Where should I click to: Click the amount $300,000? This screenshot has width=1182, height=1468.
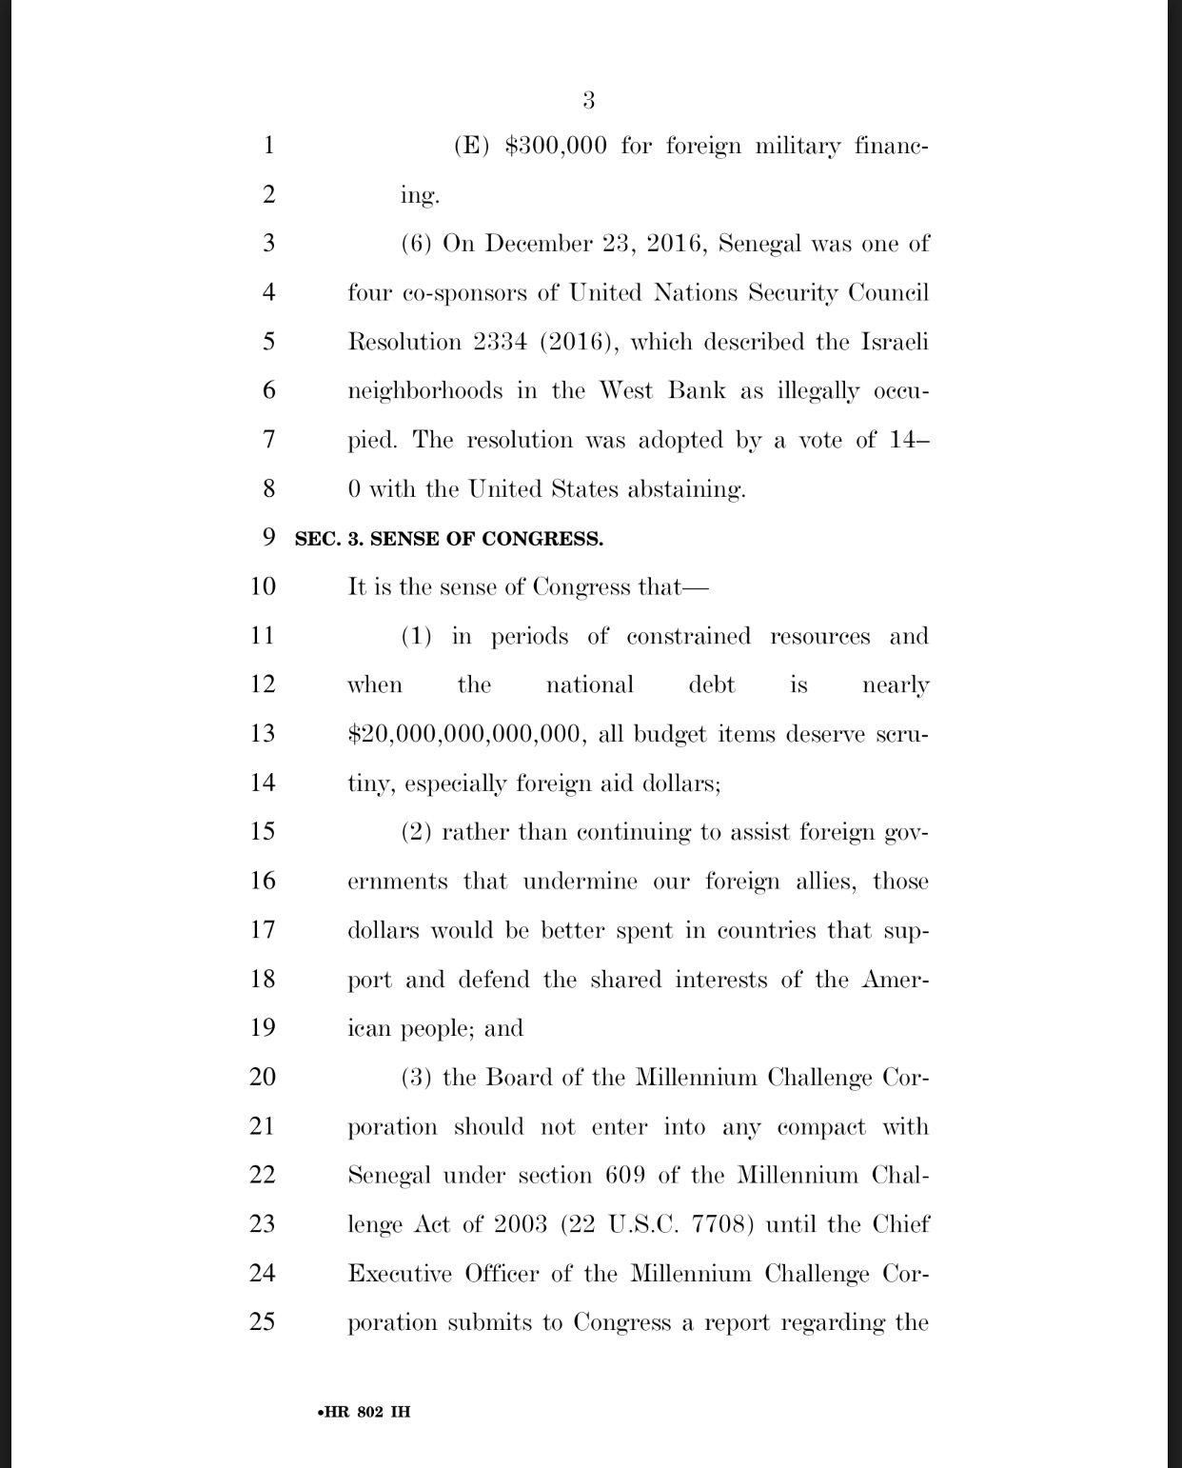coord(555,147)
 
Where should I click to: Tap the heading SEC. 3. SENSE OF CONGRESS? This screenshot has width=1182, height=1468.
coord(448,539)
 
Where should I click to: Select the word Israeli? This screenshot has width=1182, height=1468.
coord(895,342)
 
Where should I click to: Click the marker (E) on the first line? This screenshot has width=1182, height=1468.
coord(469,147)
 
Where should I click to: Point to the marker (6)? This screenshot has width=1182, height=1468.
coord(417,244)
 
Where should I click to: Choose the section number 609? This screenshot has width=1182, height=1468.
coord(625,1176)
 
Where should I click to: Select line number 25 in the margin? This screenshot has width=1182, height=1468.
coord(262,1321)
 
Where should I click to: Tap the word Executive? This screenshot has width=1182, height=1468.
coord(400,1274)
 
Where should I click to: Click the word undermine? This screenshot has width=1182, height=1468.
coord(580,882)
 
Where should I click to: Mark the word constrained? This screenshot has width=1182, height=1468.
coord(688,636)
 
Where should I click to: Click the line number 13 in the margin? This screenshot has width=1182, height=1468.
coord(262,733)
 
